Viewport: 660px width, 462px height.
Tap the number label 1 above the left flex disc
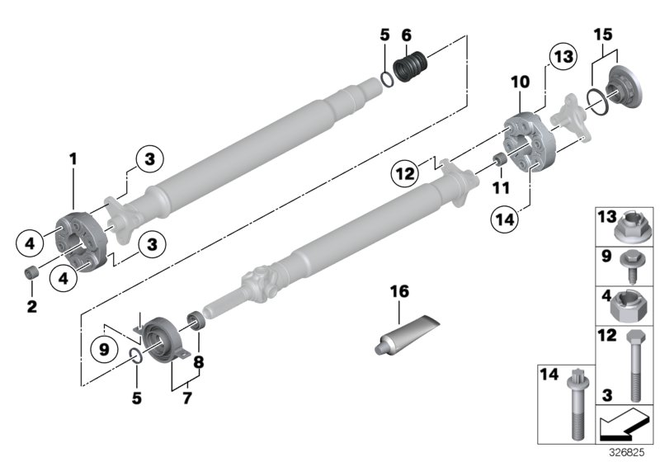tap(73, 157)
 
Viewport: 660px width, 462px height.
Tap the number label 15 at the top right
tap(604, 36)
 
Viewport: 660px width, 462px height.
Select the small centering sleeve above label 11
tap(499, 160)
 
